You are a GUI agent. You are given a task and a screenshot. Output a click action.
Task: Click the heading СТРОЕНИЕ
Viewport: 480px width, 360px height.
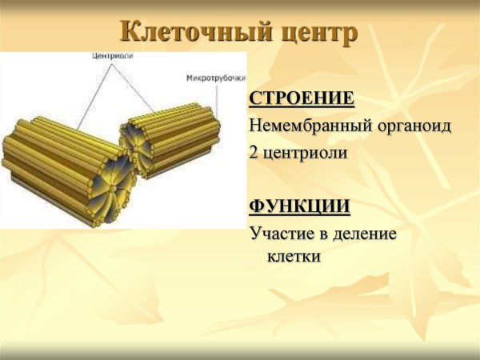click(302, 99)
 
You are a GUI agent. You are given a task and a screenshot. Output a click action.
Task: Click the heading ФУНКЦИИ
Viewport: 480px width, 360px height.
click(299, 206)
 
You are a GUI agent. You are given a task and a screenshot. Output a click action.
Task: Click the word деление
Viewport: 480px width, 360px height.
click(368, 234)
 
